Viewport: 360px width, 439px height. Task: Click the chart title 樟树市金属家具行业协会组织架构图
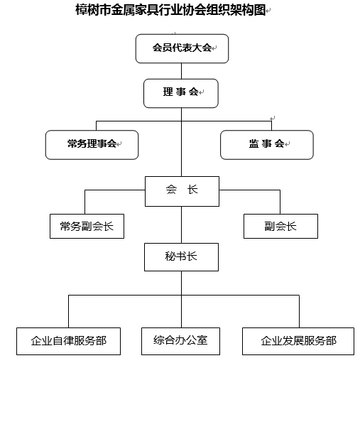[x=170, y=10]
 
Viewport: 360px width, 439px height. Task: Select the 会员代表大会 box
[x=182, y=49]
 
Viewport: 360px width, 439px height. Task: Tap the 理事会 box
[x=181, y=93]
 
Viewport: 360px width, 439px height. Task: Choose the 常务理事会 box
[x=92, y=145]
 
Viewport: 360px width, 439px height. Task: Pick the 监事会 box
[x=267, y=145]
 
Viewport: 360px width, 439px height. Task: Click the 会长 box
[x=182, y=191]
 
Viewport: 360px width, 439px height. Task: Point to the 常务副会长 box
[x=87, y=226]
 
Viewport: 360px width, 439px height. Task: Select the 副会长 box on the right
[x=280, y=226]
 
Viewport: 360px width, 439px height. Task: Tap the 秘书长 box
[x=181, y=257]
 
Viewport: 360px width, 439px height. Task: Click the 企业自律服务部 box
[x=69, y=341]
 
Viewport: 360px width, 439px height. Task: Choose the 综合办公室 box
[x=180, y=341]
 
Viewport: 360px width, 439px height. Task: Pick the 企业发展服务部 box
[x=298, y=341]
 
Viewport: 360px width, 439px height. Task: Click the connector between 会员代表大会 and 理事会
[x=181, y=71]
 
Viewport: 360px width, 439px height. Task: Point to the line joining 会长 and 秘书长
[x=181, y=224]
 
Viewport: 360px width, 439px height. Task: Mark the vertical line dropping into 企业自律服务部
[x=69, y=311]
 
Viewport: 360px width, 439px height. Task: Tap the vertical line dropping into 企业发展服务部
[x=299, y=311]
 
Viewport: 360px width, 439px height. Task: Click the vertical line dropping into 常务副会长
[x=84, y=202]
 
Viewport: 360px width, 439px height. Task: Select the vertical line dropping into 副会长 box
[x=280, y=202]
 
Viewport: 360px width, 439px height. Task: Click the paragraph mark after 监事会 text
[x=287, y=144]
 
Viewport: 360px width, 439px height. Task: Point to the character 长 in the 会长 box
[x=192, y=190]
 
